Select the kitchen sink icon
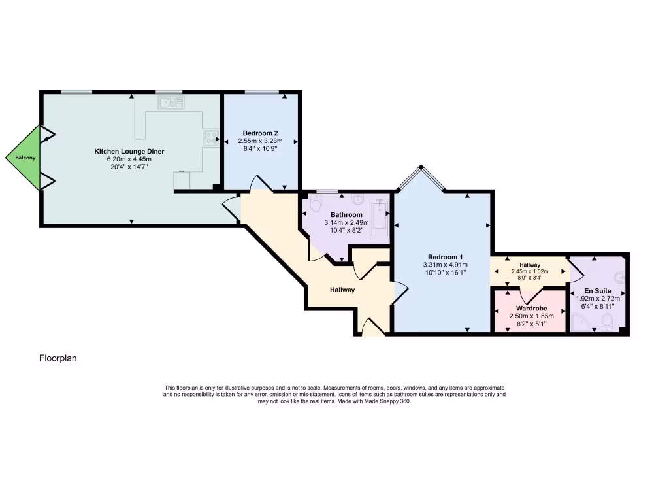(x=171, y=102)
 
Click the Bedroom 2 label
(x=260, y=133)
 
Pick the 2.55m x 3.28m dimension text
(x=260, y=141)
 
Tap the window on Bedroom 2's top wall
(x=261, y=92)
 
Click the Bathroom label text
(x=346, y=214)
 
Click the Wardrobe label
(x=531, y=308)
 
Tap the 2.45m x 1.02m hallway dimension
(x=530, y=271)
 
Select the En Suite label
(x=597, y=290)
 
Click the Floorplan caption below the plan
(x=58, y=358)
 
